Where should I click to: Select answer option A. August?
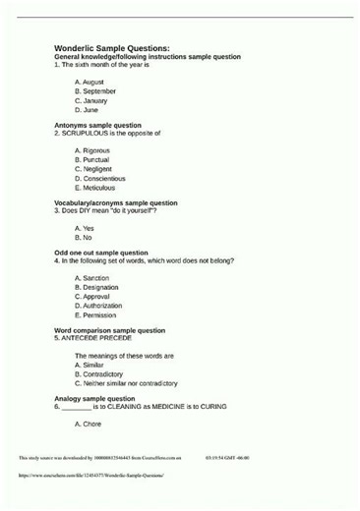click(x=90, y=82)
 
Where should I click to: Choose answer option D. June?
click(x=87, y=110)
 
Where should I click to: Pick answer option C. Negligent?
click(x=93, y=169)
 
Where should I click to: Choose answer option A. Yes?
click(x=85, y=228)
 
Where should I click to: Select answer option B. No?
click(x=84, y=238)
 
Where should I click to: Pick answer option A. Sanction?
click(x=91, y=278)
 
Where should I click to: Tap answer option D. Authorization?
click(x=98, y=306)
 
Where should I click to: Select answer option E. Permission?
click(x=95, y=315)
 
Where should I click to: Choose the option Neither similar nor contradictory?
click(x=126, y=383)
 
